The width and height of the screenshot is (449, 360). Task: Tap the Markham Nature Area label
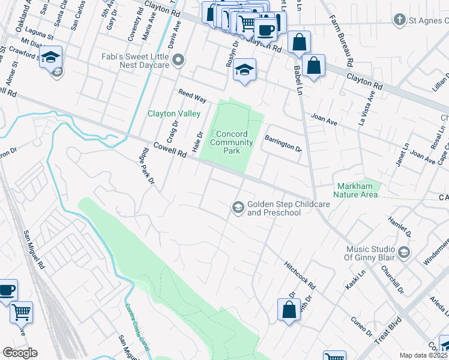[x=357, y=190]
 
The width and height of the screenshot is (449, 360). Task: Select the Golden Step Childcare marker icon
[x=238, y=207]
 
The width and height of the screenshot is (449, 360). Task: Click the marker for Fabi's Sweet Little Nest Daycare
[x=178, y=60]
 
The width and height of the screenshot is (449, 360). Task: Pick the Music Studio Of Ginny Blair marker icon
[x=403, y=251]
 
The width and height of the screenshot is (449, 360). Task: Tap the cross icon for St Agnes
[x=399, y=20]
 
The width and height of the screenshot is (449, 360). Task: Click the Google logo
[x=20, y=353]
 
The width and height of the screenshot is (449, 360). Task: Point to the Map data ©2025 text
[x=424, y=355]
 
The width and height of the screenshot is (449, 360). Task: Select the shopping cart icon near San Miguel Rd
[x=22, y=311]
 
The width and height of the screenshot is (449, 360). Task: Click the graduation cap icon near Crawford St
[x=52, y=57]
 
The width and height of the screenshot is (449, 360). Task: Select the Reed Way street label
[x=191, y=95]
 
